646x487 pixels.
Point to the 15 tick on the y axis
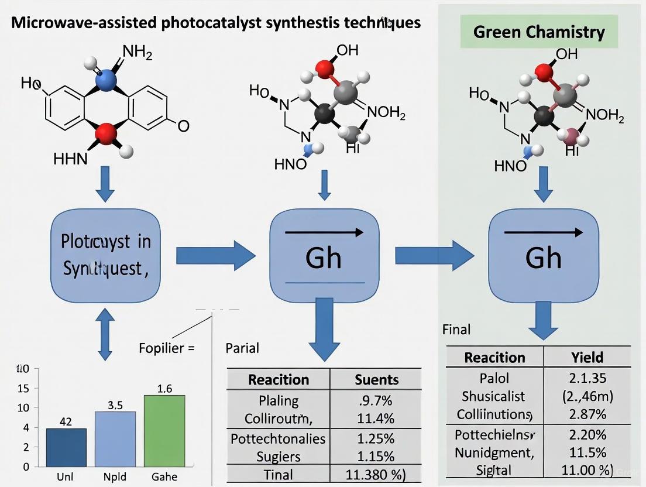23,388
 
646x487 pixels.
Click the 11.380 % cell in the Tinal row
376,474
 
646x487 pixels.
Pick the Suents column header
376,379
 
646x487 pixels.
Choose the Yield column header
587,357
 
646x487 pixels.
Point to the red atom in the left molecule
106,135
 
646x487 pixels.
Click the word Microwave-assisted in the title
83,23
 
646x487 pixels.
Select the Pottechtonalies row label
278,438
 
